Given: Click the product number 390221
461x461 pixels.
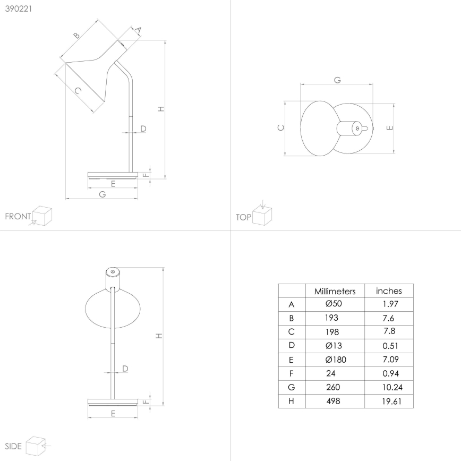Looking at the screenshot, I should [17, 9].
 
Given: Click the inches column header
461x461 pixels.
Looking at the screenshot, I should [389, 291].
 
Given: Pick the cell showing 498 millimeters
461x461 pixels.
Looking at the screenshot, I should [332, 401].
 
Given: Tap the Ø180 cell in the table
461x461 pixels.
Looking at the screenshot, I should [334, 360].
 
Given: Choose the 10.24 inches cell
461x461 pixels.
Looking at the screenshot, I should [389, 387].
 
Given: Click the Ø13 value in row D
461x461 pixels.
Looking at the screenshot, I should [334, 346].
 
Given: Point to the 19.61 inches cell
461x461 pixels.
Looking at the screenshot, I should [389, 401].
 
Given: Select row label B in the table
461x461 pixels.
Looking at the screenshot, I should [291, 318].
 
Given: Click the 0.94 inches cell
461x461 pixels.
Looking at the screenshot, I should [389, 373].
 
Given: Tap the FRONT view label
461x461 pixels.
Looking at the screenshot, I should [18, 216].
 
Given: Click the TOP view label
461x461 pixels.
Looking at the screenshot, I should [243, 217].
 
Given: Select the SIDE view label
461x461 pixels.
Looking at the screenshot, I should [13, 446].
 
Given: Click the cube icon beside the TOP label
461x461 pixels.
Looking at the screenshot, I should [263, 215].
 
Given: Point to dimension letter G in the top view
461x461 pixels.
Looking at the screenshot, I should [337, 80].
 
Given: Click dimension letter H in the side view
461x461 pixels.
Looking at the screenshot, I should [159, 336].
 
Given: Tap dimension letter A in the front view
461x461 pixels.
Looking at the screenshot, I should [138, 31].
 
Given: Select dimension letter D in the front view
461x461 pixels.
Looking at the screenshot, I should [143, 128].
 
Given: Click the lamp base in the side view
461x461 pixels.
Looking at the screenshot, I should [113, 400].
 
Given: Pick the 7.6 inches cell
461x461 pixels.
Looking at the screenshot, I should [389, 318].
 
